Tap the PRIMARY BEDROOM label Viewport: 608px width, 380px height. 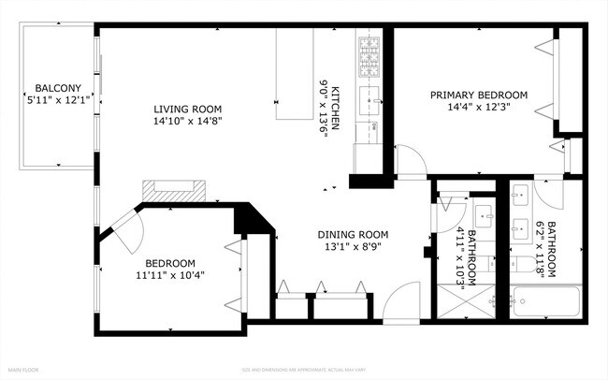pyautogui.click(x=478, y=95)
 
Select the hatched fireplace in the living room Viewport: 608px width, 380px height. pyautogui.click(x=171, y=190)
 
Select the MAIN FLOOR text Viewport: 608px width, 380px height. pyautogui.click(x=24, y=370)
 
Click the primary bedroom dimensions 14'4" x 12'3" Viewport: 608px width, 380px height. pyautogui.click(x=478, y=108)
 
